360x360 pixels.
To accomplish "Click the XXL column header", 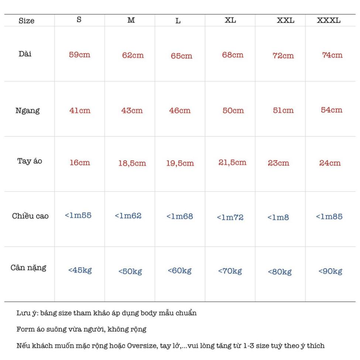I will [286, 21].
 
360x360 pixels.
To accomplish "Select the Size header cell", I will [26, 21].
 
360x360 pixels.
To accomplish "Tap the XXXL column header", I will [329, 21].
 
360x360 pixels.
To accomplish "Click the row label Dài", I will [25, 54].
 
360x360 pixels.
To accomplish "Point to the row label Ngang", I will [27, 111].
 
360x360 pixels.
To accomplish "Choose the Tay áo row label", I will [30, 161].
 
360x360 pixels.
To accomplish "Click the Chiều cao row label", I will [30, 216].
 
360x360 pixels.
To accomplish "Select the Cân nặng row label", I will [28, 268].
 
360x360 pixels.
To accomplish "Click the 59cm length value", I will [80, 55].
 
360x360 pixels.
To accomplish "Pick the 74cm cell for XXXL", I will [332, 55].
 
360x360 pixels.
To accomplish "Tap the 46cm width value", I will [180, 110].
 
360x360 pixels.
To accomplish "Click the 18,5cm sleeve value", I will [132, 163].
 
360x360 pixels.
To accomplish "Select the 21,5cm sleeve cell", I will [232, 162].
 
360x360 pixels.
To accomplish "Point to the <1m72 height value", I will [230, 217].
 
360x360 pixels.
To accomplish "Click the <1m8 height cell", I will [278, 217].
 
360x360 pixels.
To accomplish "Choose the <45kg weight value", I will [80, 270].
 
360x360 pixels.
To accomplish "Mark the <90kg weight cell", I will [330, 272].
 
